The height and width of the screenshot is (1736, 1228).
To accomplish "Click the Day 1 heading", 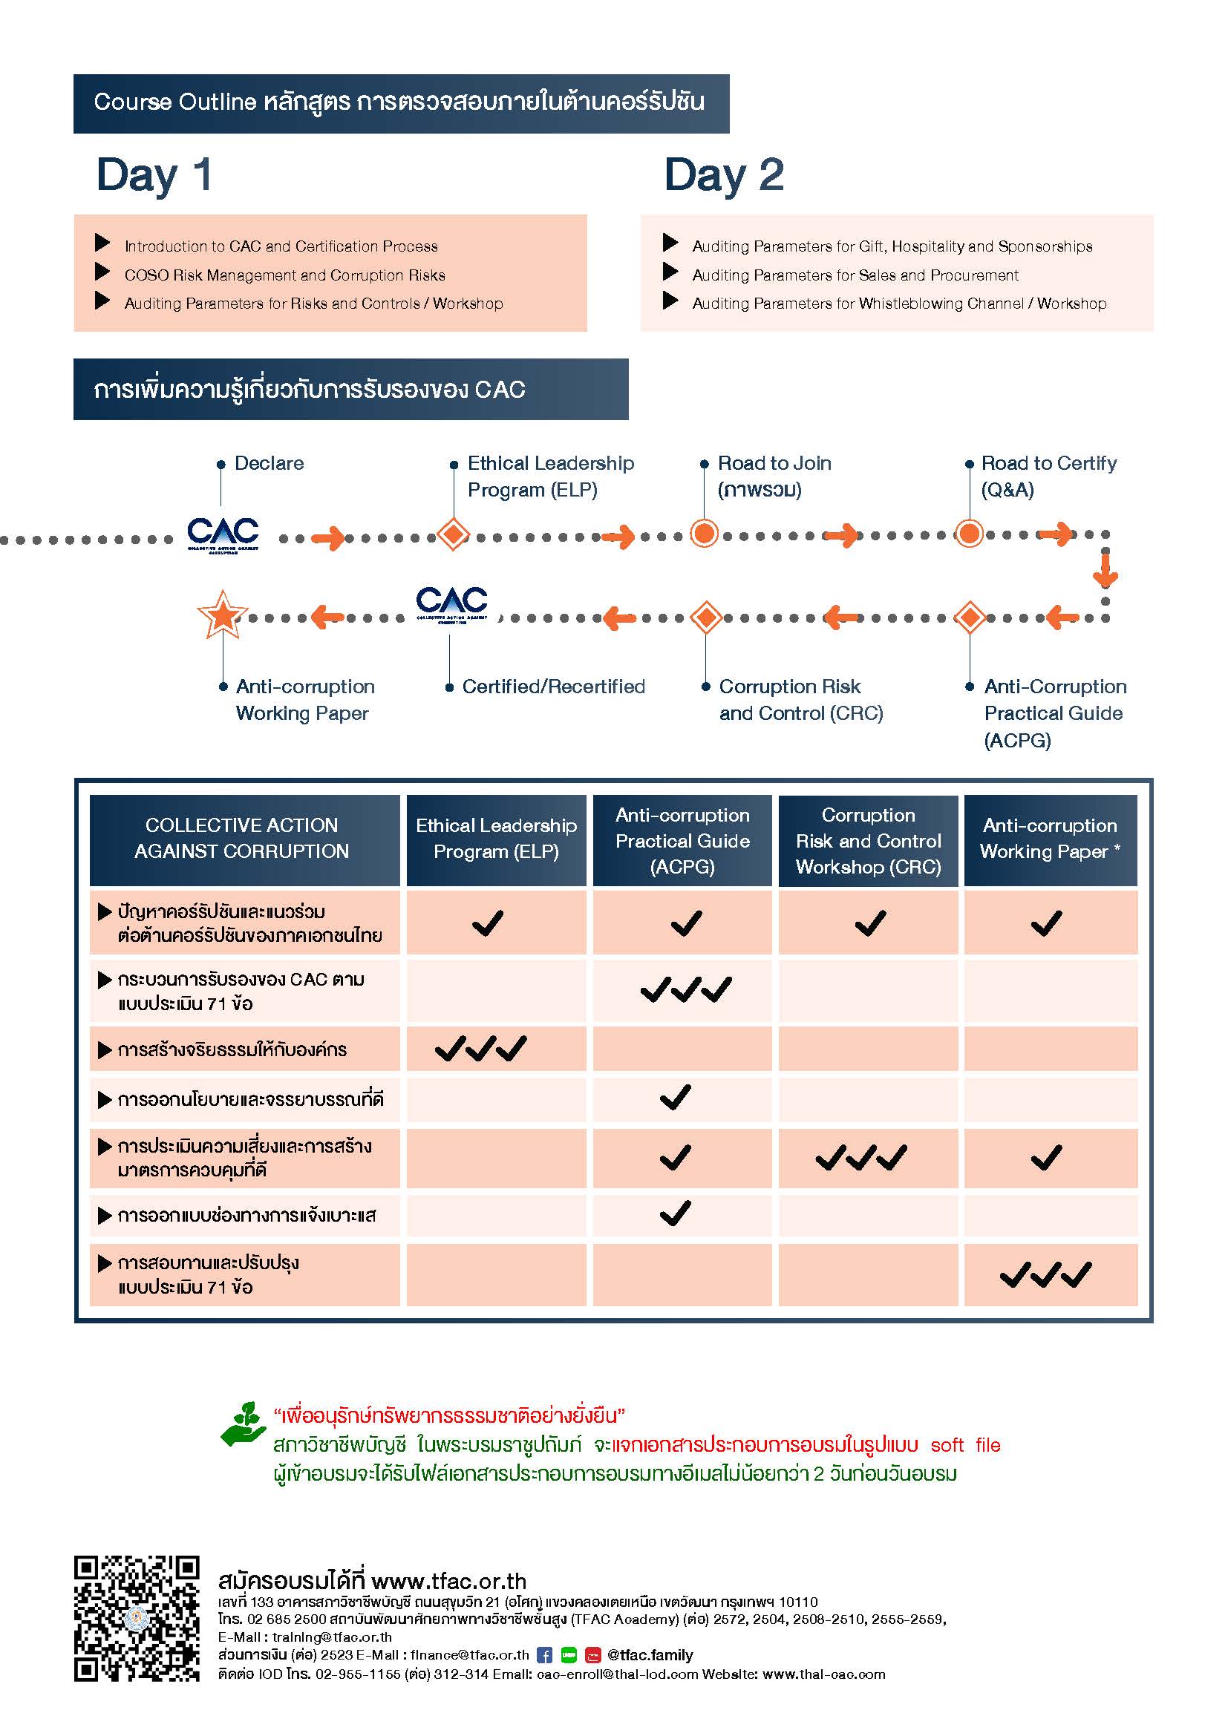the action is [154, 175].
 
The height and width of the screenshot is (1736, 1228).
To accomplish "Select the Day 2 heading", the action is [724, 175].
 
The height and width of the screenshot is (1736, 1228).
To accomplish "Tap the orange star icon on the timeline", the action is [222, 614].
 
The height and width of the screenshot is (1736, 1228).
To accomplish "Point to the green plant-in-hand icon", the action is [243, 1424].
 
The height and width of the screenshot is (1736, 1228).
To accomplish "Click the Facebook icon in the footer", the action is [544, 1655].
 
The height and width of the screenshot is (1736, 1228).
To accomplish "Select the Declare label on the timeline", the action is [270, 462].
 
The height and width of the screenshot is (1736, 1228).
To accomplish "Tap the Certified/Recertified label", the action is [554, 687].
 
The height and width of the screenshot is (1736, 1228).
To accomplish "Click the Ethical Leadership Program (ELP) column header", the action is [496, 839].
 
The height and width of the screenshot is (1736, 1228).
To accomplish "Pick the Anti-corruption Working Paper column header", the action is [1051, 839].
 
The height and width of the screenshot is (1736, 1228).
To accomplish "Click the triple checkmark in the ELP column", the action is [481, 1049].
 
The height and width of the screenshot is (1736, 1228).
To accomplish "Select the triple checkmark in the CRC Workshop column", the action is [861, 1158].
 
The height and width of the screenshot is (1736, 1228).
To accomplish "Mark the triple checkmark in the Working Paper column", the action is [1046, 1275].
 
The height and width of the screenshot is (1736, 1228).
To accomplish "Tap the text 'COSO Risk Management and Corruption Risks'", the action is [285, 275].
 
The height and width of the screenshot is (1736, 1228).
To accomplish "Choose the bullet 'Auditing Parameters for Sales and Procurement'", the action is [855, 275].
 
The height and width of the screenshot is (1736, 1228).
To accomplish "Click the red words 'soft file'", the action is [966, 1445].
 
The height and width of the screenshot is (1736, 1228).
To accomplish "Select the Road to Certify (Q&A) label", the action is [1049, 476].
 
